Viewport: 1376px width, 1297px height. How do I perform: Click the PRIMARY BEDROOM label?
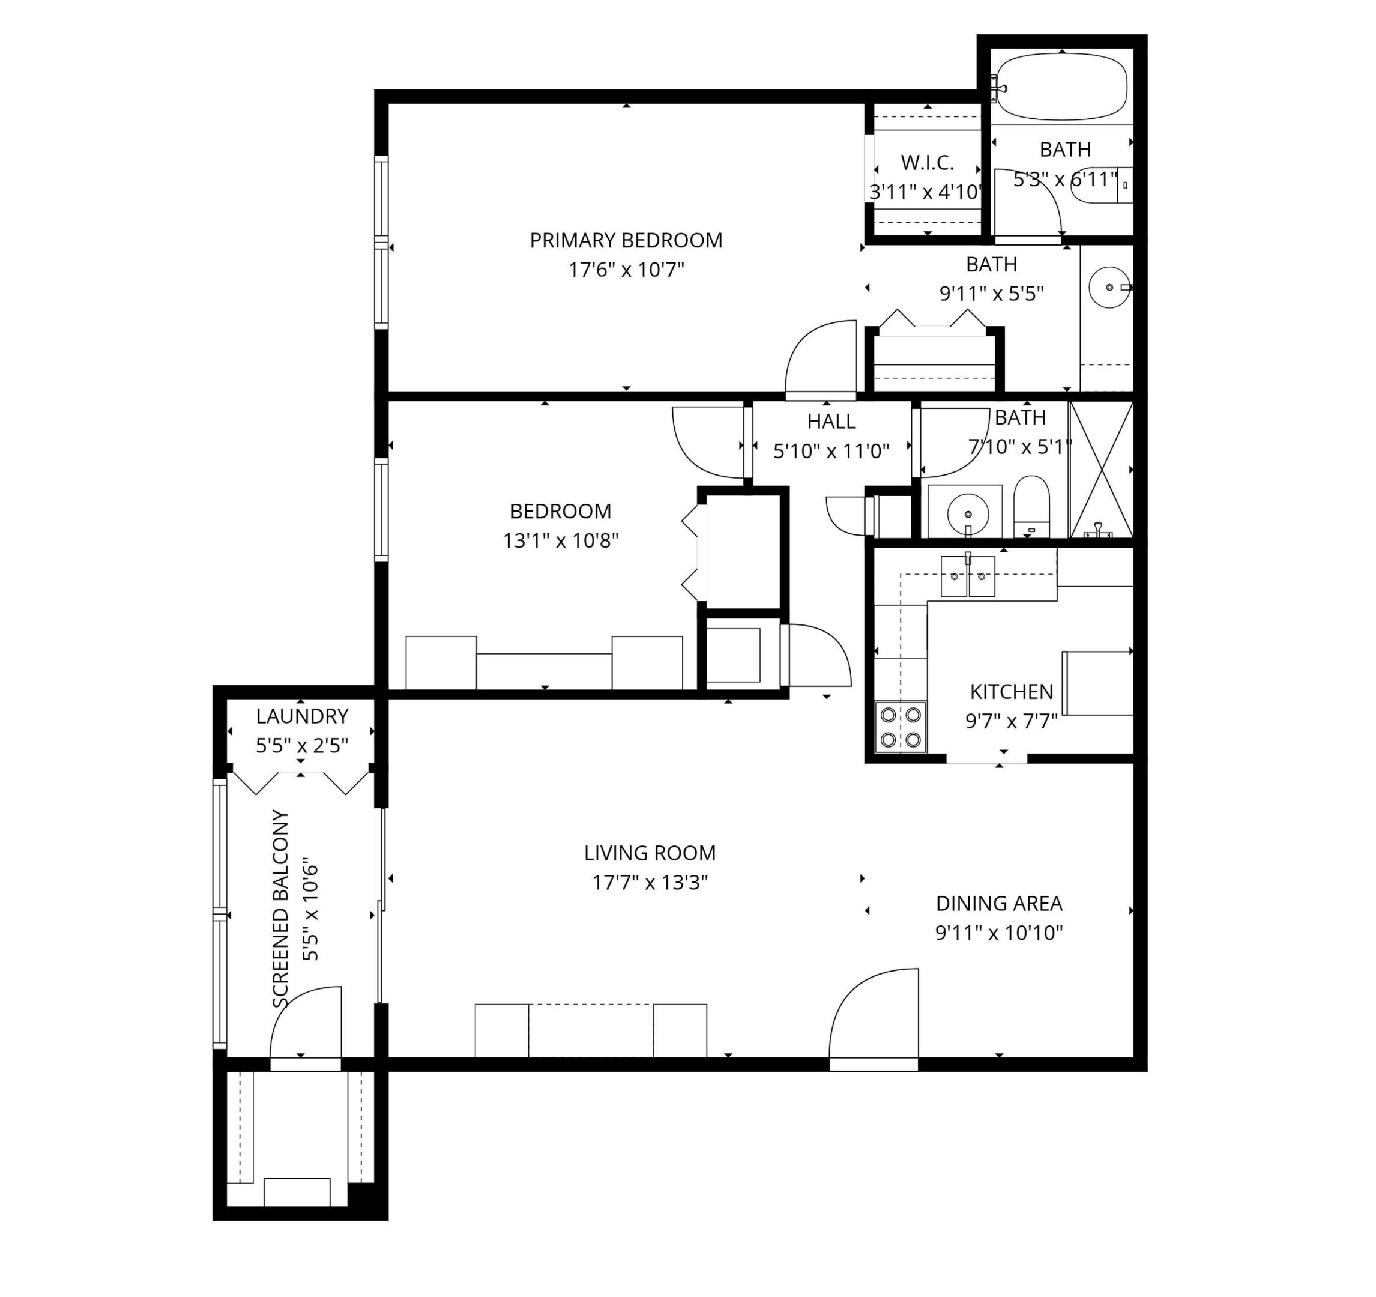pos(626,240)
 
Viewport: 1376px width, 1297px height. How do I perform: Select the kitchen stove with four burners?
pos(900,727)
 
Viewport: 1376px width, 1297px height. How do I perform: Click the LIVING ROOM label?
pos(649,853)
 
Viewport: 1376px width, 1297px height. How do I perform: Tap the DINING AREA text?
pos(999,903)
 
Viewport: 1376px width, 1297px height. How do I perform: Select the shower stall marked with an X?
pos(1100,470)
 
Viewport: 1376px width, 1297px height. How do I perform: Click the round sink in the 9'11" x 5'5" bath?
pos(1109,286)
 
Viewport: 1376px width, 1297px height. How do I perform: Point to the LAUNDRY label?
pos(302,716)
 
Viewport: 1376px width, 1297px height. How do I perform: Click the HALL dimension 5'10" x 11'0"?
pos(831,452)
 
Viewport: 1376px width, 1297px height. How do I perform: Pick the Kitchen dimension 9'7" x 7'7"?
pos(1011,722)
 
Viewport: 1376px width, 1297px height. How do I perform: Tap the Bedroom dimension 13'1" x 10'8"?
pos(560,540)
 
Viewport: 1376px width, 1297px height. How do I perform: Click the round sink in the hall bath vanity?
pos(968,514)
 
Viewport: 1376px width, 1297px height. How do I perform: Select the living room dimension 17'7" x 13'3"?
pos(649,883)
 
